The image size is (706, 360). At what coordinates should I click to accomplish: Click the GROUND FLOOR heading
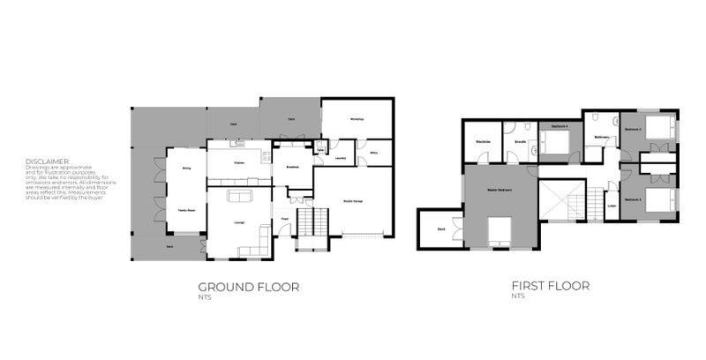(248, 287)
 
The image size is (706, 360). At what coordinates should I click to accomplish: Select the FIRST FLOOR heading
(550, 286)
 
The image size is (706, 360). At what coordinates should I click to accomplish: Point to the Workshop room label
(357, 119)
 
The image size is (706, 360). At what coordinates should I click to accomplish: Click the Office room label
(374, 153)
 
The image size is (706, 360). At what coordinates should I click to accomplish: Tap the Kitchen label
(239, 163)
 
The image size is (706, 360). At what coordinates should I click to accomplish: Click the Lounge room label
(239, 222)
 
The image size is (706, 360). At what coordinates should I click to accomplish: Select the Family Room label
(186, 210)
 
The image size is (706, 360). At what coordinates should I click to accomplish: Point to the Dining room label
(186, 167)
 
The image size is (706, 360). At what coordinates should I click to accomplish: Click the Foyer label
(285, 220)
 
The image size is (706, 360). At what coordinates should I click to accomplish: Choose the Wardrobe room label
(483, 142)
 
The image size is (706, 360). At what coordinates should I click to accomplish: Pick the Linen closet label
(611, 208)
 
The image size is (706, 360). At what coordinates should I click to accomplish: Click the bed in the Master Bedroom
(499, 230)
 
